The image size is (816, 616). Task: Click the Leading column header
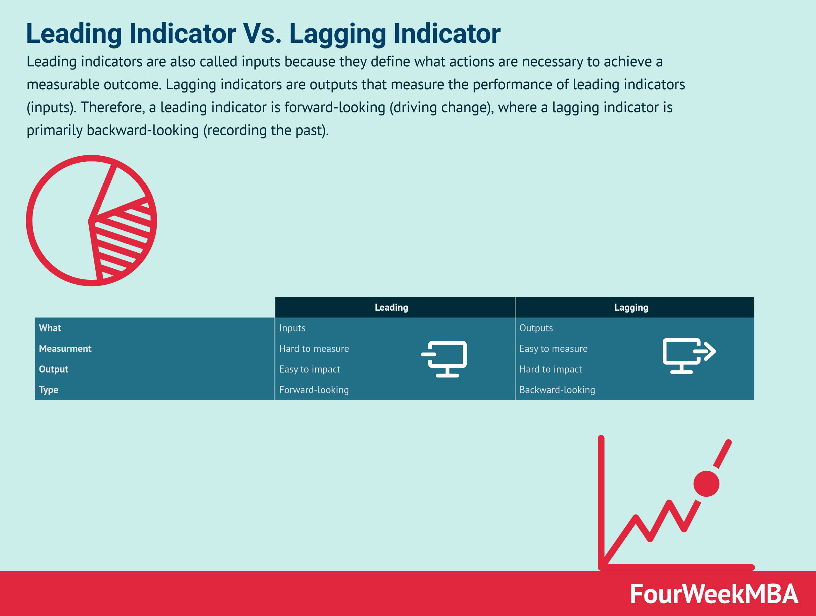point(391,308)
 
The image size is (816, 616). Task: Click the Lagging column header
point(631,308)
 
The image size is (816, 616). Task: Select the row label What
point(50,328)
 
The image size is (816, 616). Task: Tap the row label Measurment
point(65,349)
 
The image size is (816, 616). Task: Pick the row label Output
point(54,369)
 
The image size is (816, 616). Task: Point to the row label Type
point(49,390)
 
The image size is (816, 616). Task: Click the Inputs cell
point(292,328)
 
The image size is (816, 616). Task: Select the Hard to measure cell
point(314,349)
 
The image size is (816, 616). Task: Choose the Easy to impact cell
point(310,369)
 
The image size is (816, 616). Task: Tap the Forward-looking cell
point(314,390)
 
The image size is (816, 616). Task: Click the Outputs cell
point(536,328)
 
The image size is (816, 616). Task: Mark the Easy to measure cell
point(553,349)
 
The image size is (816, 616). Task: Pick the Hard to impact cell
point(550,369)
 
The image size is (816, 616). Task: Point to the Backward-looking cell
point(557,390)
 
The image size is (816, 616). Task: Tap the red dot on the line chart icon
point(706,484)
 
